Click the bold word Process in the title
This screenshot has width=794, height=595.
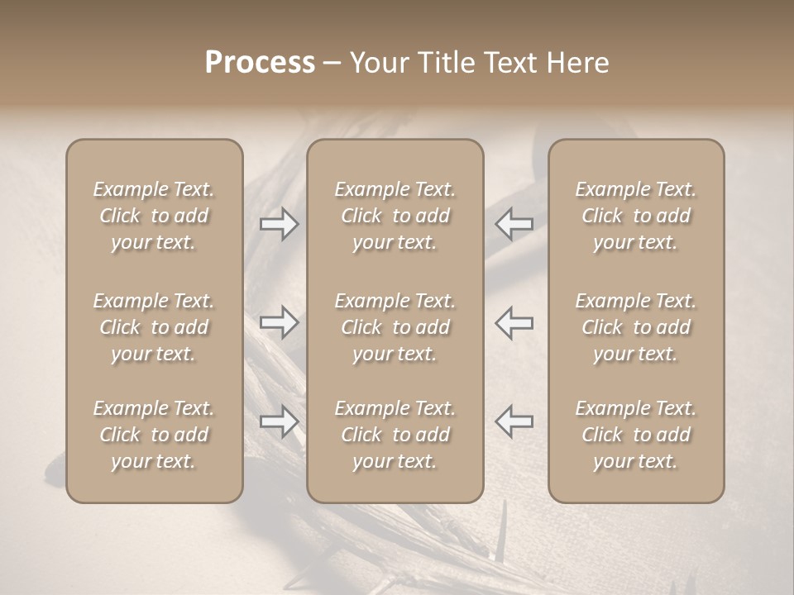click(260, 63)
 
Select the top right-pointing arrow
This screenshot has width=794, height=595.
click(279, 225)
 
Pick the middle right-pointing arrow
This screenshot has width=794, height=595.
click(279, 322)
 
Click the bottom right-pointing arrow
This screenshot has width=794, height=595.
click(279, 421)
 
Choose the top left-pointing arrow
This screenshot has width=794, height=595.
click(514, 225)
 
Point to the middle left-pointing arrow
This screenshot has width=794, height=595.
click(514, 322)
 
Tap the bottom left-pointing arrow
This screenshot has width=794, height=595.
click(514, 421)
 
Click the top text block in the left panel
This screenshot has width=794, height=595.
click(154, 216)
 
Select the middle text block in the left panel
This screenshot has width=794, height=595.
click(154, 327)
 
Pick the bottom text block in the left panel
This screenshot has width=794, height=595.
click(154, 435)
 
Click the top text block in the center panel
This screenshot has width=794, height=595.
click(395, 216)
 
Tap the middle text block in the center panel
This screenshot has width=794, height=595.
click(395, 327)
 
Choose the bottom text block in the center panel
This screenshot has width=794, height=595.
click(395, 435)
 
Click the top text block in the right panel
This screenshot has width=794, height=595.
click(635, 216)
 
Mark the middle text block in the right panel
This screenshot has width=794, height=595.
click(635, 327)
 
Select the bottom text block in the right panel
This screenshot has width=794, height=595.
click(635, 435)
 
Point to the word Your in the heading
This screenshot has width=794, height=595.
click(376, 63)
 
